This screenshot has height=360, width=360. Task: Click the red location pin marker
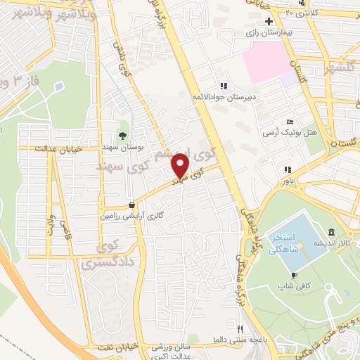click(x=181, y=166)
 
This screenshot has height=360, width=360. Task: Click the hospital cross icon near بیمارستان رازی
click(x=268, y=21)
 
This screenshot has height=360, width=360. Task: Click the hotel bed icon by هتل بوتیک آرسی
click(x=290, y=122)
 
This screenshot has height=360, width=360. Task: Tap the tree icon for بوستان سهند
click(x=124, y=136)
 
